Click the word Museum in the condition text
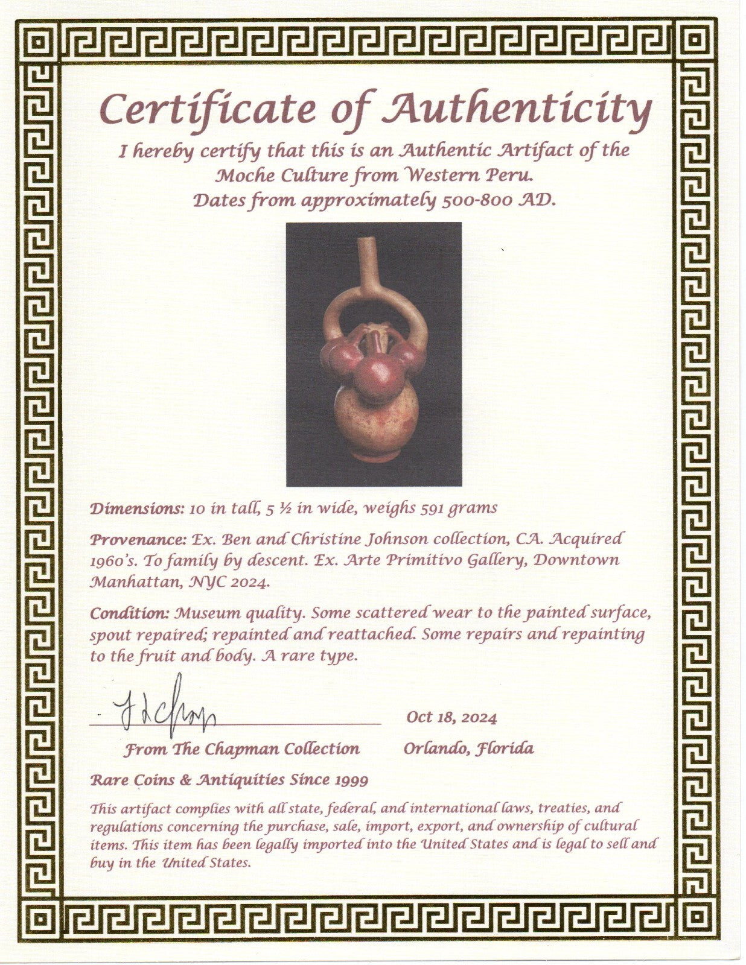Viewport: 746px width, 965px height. (x=204, y=613)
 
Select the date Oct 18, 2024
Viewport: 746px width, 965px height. (x=451, y=717)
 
